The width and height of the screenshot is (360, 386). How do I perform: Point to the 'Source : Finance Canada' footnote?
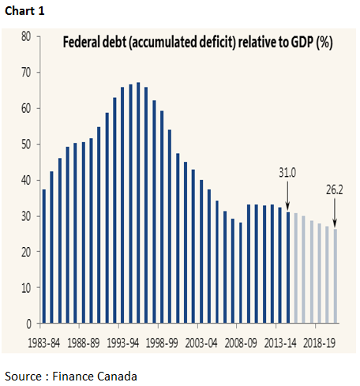point(71,374)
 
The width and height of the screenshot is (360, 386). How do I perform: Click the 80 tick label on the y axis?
point(25,36)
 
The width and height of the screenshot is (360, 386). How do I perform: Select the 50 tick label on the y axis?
point(25,144)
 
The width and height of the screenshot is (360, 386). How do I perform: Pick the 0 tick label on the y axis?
point(28,324)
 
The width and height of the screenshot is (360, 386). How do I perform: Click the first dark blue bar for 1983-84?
point(43,257)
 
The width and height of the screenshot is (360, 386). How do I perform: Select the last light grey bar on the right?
point(336,276)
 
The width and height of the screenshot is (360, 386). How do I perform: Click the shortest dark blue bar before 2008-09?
point(241,272)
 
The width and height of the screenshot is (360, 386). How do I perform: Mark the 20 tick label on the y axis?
point(25,252)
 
